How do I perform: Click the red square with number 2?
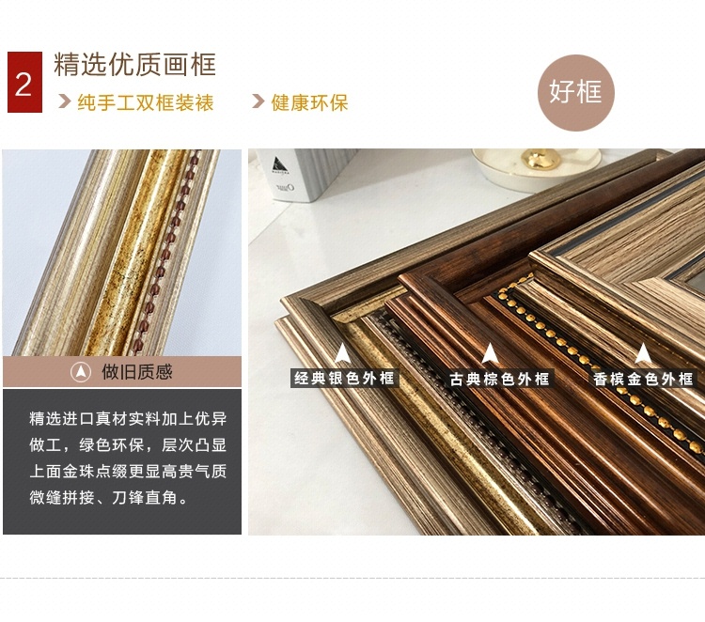coord(24,83)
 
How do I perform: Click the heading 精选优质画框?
coord(134,64)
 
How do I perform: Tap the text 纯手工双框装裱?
coord(146,103)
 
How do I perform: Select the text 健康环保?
coord(309,103)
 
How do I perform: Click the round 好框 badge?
coord(575,93)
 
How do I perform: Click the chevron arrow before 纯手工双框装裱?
coord(65,101)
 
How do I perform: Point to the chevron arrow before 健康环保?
coord(258,101)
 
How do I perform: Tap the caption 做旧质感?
coord(137,372)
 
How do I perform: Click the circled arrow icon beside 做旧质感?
coord(81,372)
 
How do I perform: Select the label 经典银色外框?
coord(344,378)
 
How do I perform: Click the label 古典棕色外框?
coord(499,379)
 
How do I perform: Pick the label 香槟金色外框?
coord(643,379)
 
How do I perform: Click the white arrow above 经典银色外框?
coord(342,353)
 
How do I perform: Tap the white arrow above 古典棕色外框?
coord(490,353)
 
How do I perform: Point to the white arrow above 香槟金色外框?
coord(643,353)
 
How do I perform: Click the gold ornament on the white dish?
coord(540,159)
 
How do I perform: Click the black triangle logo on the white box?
coord(280,164)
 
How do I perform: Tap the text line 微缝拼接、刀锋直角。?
coord(109,498)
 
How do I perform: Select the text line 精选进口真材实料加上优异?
coord(128,418)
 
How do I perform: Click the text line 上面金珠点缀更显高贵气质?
coord(128,472)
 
